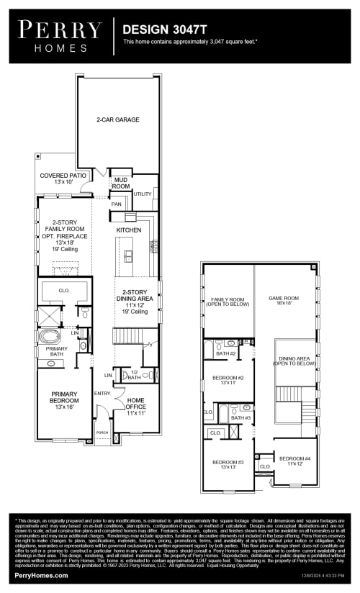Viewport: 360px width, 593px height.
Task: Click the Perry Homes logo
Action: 60,35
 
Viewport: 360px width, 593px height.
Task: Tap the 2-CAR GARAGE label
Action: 118,119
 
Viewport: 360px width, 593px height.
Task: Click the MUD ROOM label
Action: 121,183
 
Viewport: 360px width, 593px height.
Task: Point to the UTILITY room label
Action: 143,194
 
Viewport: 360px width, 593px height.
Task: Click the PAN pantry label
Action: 116,204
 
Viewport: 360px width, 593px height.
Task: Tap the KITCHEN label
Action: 129,230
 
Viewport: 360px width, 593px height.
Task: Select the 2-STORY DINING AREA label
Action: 135,302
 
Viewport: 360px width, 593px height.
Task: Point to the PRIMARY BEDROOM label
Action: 63,401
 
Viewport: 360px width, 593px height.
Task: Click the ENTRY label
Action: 102,393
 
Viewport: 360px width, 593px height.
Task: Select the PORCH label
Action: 102,433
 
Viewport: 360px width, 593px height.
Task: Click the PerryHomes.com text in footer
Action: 42,575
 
